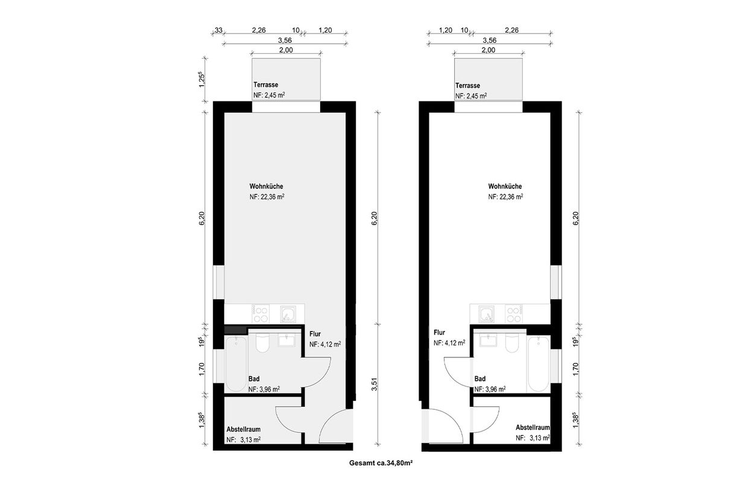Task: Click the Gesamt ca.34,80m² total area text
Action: click(x=381, y=462)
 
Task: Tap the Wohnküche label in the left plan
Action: click(x=266, y=187)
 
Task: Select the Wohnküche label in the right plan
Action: click(x=505, y=187)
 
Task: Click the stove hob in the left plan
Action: click(x=261, y=314)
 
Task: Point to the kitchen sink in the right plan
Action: click(x=486, y=314)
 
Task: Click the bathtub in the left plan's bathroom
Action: click(x=236, y=363)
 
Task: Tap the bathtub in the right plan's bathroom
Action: click(x=538, y=363)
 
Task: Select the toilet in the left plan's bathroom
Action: click(x=262, y=342)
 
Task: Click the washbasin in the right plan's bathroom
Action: click(x=489, y=340)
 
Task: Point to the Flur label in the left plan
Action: click(x=315, y=334)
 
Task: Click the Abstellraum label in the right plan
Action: click(x=533, y=427)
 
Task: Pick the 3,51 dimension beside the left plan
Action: click(x=374, y=384)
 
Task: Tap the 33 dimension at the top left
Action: click(x=218, y=30)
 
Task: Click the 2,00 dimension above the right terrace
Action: click(x=489, y=50)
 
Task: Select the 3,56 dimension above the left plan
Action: click(x=285, y=40)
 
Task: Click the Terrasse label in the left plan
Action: click(x=265, y=85)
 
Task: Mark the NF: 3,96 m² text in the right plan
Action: click(x=490, y=389)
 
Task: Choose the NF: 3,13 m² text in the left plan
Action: click(x=244, y=439)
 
